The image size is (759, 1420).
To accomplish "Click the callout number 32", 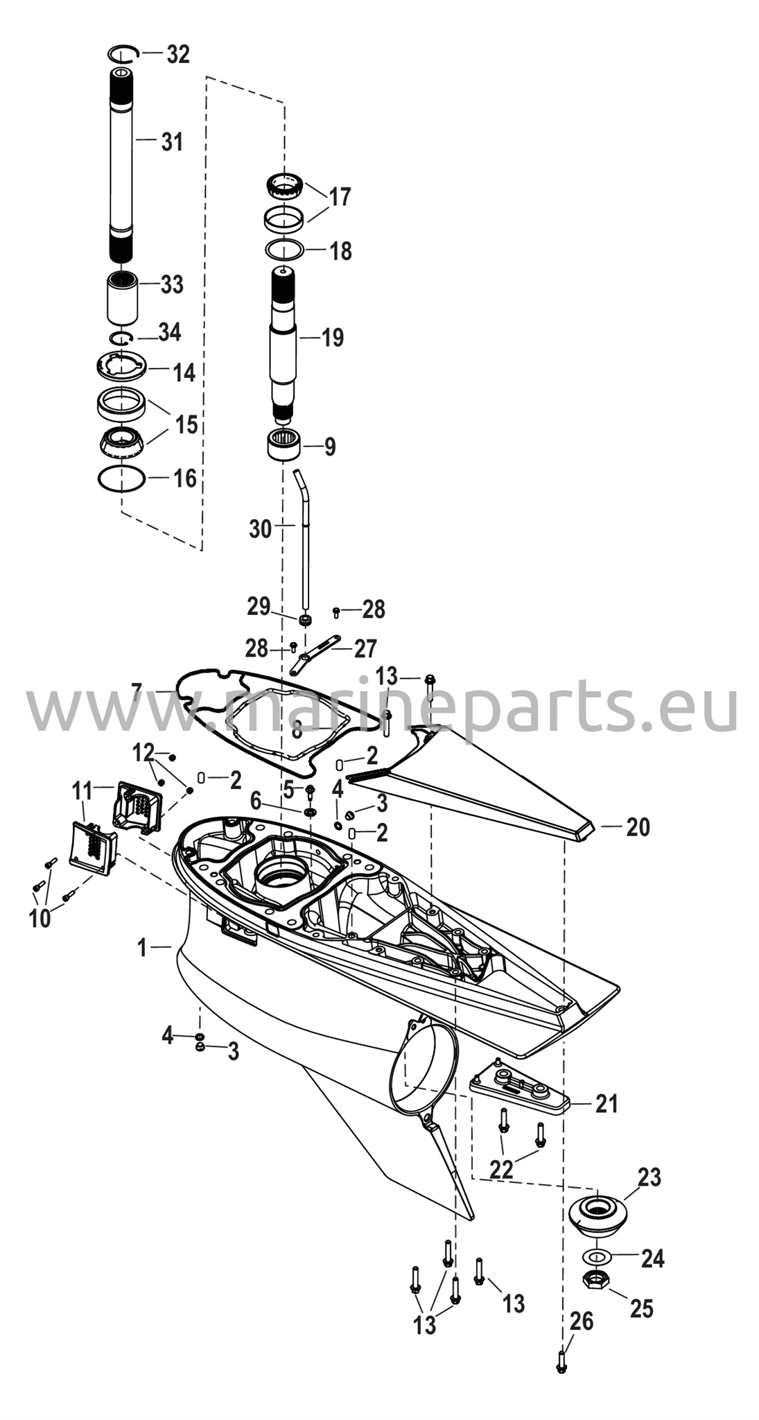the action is tap(178, 54).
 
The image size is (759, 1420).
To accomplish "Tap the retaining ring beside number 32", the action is tap(124, 53).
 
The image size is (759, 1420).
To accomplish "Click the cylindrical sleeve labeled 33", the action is tap(122, 297).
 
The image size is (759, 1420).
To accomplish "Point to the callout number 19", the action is tap(333, 338).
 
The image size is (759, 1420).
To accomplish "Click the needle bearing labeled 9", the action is tap(283, 443).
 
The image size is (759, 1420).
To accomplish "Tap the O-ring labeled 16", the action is tap(121, 478).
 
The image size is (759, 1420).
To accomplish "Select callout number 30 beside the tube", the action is tap(261, 529).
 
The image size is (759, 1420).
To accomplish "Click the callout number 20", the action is tap(638, 826).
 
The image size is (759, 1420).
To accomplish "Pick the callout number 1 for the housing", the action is tap(142, 948).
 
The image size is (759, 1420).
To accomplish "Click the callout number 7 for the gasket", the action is tap(137, 691).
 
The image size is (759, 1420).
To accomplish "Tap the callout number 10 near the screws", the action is tap(40, 918).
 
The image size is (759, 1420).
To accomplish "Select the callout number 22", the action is tap(501, 1169).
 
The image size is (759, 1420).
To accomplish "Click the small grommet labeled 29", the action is tap(304, 619).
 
